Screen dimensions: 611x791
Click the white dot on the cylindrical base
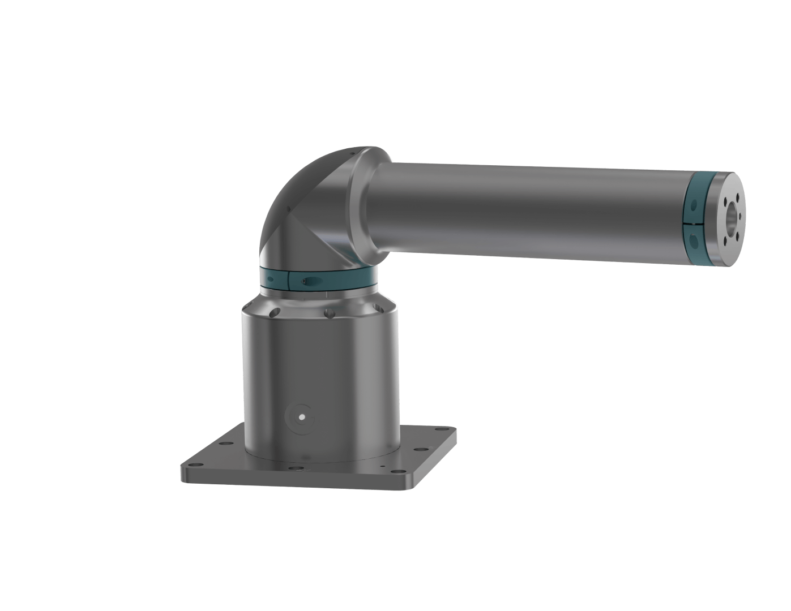point(302,417)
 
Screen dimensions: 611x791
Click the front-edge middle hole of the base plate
point(295,468)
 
